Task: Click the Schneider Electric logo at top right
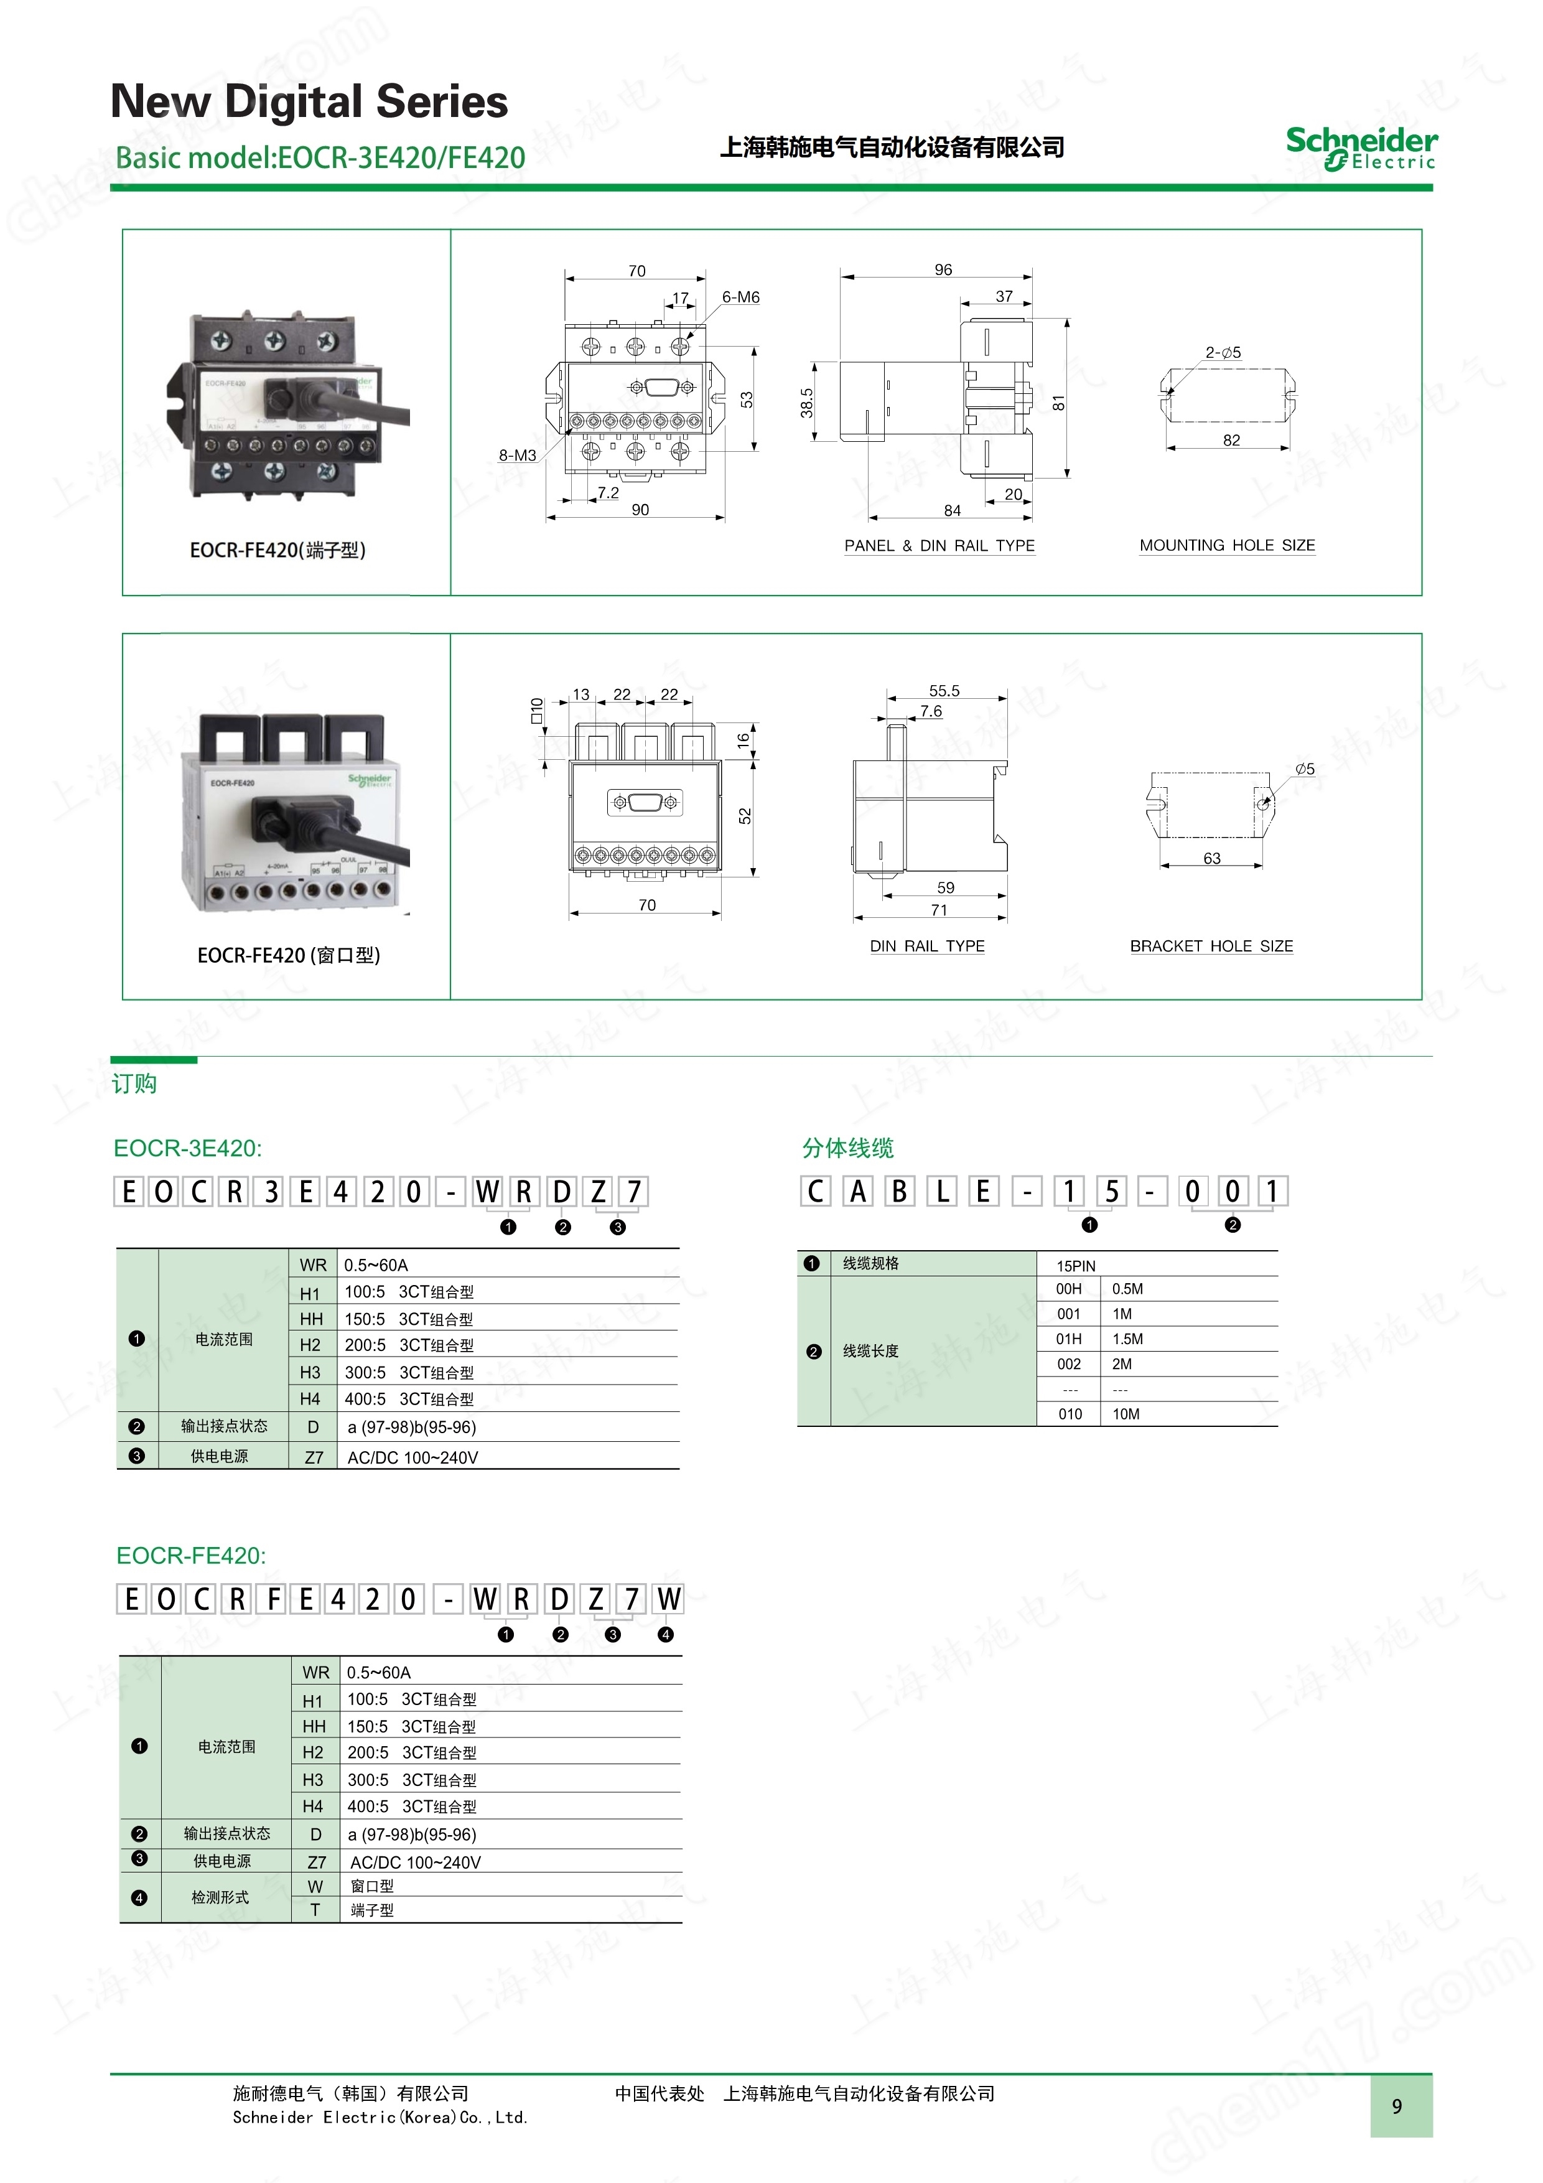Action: (1361, 148)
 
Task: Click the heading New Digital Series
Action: (309, 101)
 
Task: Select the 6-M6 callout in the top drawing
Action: (740, 297)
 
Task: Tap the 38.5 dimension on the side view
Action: (806, 402)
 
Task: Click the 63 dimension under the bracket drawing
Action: (1211, 859)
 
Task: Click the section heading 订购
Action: (134, 1084)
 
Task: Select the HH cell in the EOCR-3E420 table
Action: (311, 1319)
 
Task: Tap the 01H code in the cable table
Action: (1069, 1339)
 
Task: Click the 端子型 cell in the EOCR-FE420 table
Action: (371, 1910)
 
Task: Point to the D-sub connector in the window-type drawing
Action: (646, 803)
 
